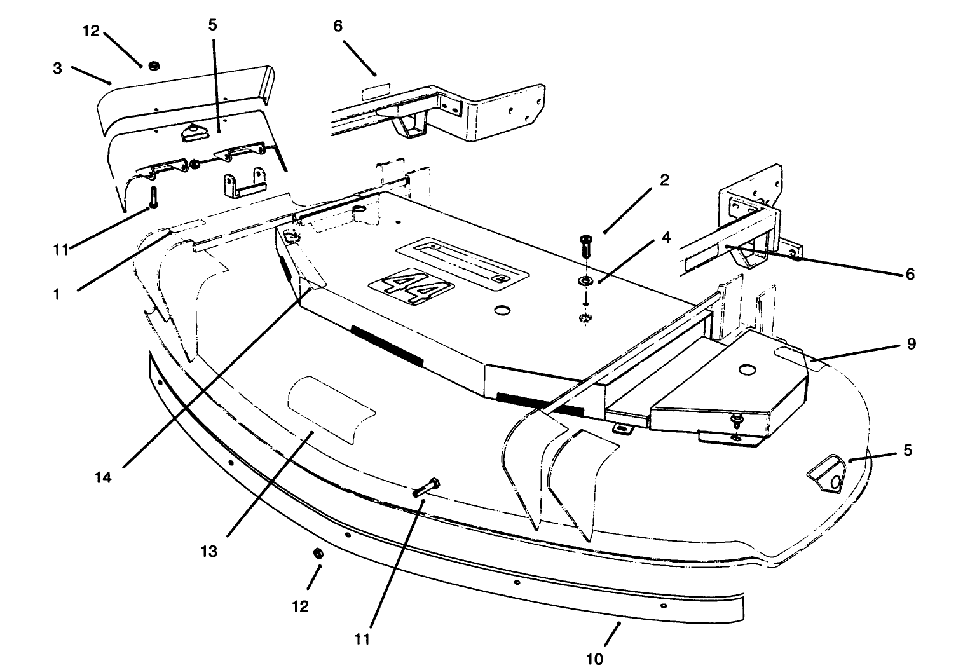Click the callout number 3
click(58, 69)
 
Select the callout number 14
click(103, 477)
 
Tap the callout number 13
click(208, 551)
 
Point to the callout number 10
click(594, 658)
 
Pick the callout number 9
click(911, 344)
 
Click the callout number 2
click(664, 180)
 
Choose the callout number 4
click(666, 237)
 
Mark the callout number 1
click(57, 294)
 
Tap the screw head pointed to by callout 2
click(585, 240)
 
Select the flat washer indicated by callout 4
click(584, 280)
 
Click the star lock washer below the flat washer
click(585, 318)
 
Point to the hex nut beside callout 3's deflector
click(153, 65)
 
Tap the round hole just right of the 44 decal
click(503, 311)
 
